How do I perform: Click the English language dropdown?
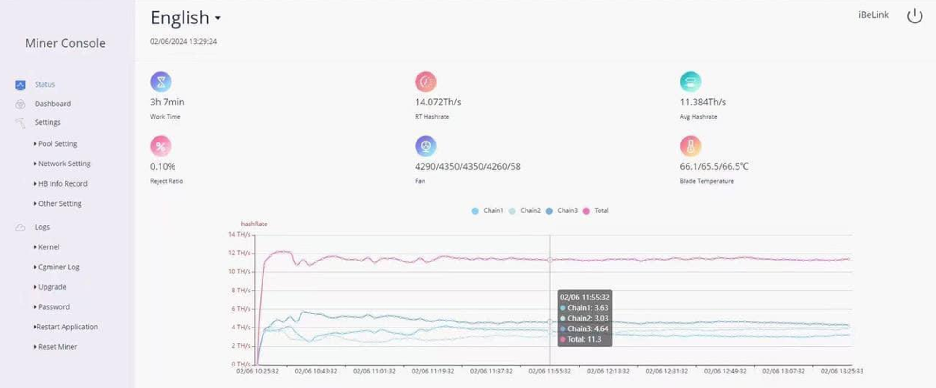pos(185,18)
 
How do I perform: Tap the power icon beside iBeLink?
pos(914,16)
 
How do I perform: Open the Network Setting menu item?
pos(62,164)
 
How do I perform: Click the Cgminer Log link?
pos(57,267)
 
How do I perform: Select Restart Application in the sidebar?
pos(66,327)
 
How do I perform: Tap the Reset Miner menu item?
pos(56,347)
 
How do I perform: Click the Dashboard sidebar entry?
pos(53,104)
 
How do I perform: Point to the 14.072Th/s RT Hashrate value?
pos(438,102)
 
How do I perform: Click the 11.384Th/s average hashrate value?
pos(703,102)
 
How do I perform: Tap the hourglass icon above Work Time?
pos(161,82)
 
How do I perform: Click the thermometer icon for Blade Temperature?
pos(690,146)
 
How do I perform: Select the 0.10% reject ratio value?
pos(162,166)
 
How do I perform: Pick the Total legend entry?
pos(596,211)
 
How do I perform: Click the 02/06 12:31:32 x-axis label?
pos(666,371)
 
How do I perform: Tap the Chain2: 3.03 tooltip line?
pos(585,318)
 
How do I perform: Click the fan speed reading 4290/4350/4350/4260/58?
pos(468,166)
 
